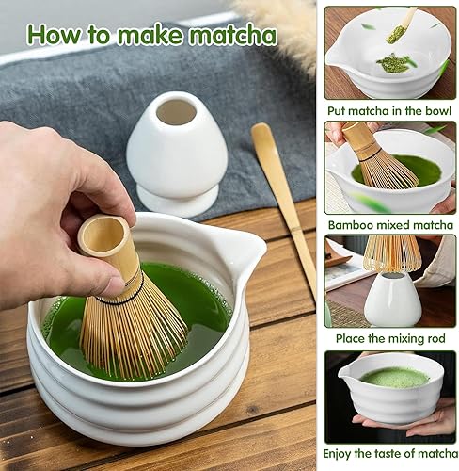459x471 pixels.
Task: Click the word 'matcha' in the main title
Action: tap(233, 35)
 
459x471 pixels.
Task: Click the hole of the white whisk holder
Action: tap(176, 112)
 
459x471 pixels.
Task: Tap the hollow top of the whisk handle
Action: tap(103, 232)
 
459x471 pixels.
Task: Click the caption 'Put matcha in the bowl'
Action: tap(389, 111)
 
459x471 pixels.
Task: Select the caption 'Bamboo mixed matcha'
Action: tap(390, 225)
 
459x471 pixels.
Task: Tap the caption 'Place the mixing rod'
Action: tap(390, 338)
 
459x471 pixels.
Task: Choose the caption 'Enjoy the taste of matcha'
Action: tap(390, 454)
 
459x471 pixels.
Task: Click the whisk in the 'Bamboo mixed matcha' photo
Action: tap(378, 157)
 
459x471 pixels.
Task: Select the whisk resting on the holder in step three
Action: tap(392, 253)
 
